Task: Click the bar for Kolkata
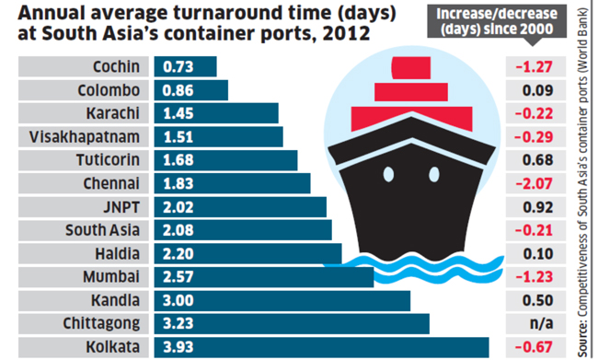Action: (321, 347)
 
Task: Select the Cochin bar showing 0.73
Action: (185, 66)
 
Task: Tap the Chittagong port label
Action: (101, 324)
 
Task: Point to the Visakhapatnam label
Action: (85, 136)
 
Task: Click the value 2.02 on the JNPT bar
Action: (178, 207)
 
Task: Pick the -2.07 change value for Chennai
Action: (534, 183)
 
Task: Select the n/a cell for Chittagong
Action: (542, 323)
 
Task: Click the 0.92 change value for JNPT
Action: (538, 207)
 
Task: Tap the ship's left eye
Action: (388, 174)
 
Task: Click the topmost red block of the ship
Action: (411, 68)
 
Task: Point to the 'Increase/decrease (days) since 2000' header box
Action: (497, 22)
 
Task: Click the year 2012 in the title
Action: (346, 33)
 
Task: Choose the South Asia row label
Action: (102, 230)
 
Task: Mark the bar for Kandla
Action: (282, 300)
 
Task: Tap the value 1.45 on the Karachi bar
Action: (178, 113)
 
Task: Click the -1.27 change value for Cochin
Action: (534, 67)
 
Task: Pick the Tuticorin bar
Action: (225, 160)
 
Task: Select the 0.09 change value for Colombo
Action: (538, 90)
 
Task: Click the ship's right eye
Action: (434, 174)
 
